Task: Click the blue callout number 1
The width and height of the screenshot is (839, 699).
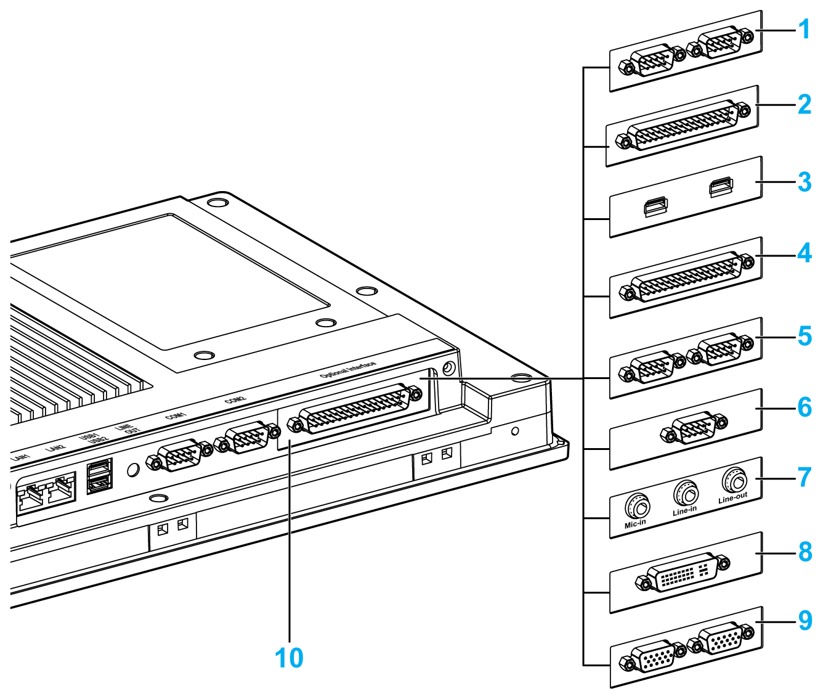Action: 804,30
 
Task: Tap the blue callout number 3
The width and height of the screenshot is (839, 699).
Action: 804,182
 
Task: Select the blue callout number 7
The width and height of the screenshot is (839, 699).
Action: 804,477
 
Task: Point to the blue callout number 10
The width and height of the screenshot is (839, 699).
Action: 289,658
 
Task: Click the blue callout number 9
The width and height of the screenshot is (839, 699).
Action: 805,621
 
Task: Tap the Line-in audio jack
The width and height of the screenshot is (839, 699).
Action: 686,493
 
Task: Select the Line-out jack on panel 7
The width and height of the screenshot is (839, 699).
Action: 734,480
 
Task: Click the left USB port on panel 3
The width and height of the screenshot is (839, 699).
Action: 656,206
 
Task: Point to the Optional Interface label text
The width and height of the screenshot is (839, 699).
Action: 348,370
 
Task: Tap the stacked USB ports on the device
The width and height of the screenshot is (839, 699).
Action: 100,476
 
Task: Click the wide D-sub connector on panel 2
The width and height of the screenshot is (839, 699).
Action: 684,126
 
